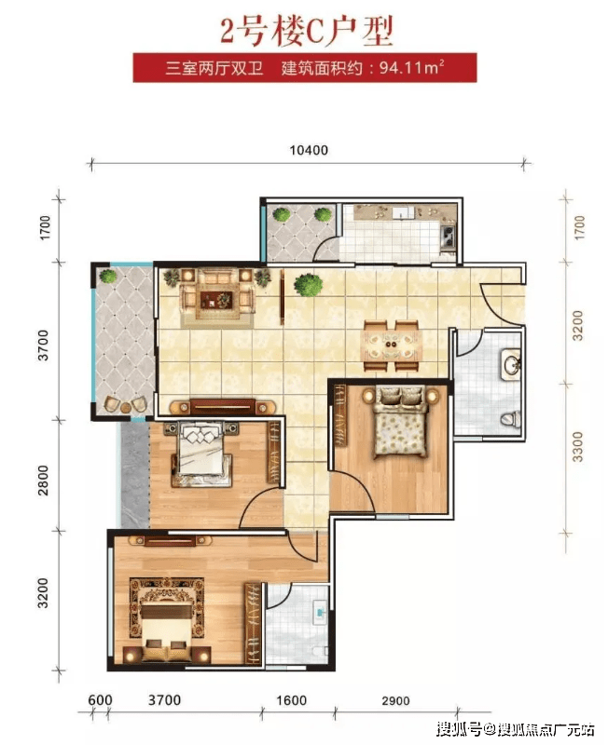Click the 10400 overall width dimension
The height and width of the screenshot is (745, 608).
click(309, 150)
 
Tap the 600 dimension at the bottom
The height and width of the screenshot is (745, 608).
click(100, 700)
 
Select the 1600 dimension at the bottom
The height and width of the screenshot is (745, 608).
click(291, 700)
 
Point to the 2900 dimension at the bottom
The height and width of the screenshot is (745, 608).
click(395, 701)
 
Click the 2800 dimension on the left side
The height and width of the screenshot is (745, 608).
click(43, 481)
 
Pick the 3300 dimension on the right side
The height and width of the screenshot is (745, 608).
click(577, 447)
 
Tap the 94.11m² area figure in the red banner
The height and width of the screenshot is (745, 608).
click(411, 67)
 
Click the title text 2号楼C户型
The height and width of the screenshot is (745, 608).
click(307, 31)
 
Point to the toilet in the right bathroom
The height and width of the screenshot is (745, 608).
click(510, 419)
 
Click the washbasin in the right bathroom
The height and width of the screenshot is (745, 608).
click(511, 364)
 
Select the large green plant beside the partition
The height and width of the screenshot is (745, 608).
click(308, 285)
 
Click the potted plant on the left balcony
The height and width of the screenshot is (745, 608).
click(107, 276)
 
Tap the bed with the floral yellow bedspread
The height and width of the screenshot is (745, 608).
click(399, 423)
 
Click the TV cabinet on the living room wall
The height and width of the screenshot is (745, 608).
click(223, 407)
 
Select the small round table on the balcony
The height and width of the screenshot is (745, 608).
click(125, 408)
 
